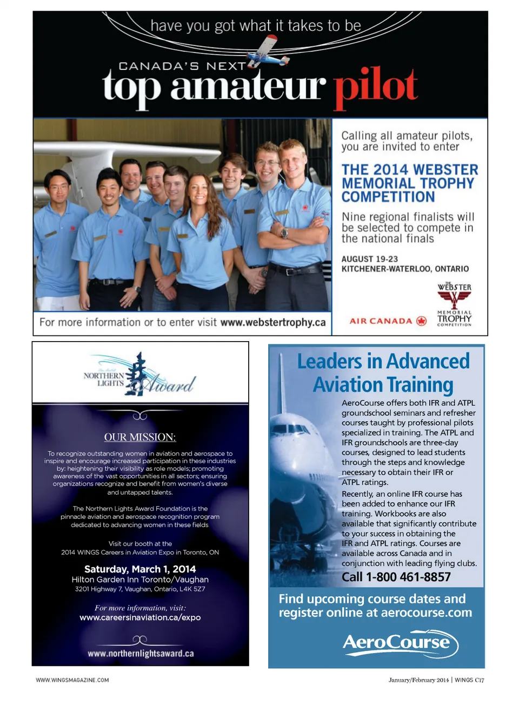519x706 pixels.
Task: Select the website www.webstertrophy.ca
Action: click(x=273, y=322)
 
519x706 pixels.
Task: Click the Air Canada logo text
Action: click(x=381, y=321)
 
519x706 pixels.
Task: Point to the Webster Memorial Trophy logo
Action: click(x=454, y=304)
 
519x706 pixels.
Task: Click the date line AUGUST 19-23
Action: click(x=369, y=259)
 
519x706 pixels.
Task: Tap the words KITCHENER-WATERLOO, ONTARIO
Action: click(x=405, y=269)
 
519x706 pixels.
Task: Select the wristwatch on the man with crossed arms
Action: click(x=284, y=234)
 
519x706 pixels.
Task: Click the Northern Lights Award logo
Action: click(x=140, y=375)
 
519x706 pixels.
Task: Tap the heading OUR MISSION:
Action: click(x=140, y=437)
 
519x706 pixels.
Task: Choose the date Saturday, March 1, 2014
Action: click(x=140, y=569)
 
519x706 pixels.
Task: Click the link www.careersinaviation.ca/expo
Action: click(x=140, y=617)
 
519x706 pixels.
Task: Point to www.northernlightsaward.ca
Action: click(x=141, y=654)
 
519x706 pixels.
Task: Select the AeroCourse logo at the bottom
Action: click(x=400, y=643)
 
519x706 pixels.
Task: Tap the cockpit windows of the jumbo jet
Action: click(x=290, y=429)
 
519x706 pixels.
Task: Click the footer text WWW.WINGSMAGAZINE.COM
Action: click(x=72, y=680)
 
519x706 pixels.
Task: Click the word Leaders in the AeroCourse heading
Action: click(x=330, y=361)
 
